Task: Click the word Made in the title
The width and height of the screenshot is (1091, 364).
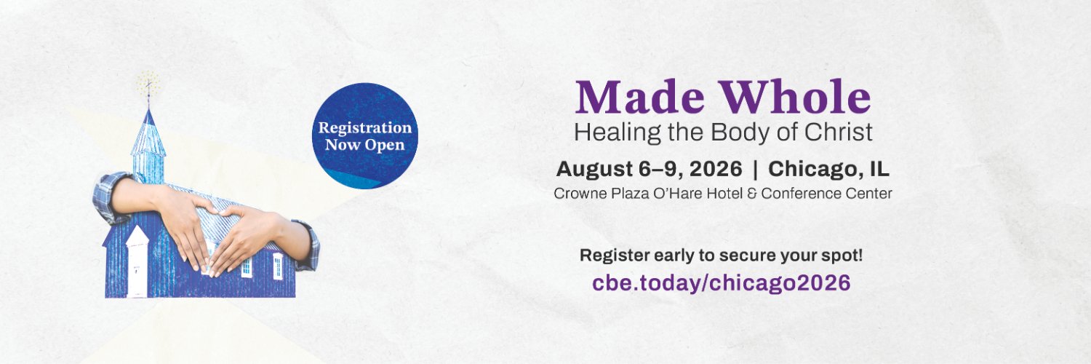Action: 623,98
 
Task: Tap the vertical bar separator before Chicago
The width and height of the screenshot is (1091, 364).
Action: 755,170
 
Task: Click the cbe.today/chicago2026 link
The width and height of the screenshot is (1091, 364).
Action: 722,282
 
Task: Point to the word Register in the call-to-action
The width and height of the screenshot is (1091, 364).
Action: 608,256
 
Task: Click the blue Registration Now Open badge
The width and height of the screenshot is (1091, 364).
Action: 364,136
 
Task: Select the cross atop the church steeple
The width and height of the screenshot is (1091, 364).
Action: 149,89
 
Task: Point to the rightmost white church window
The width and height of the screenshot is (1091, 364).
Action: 278,266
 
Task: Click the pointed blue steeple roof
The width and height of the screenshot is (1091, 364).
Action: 148,131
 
